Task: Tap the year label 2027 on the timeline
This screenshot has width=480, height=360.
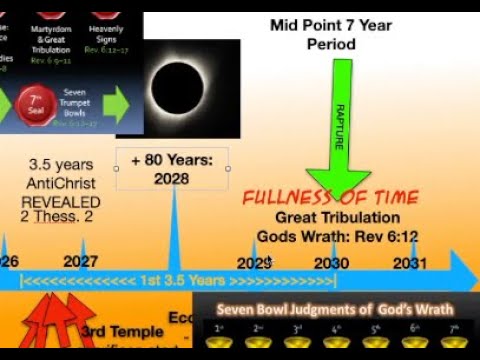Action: (x=82, y=262)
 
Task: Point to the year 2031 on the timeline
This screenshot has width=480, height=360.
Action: (x=409, y=262)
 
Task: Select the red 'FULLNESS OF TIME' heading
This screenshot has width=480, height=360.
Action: (x=330, y=197)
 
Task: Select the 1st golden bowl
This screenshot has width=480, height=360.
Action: (x=221, y=342)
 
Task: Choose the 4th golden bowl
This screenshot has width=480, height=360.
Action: (x=335, y=342)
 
